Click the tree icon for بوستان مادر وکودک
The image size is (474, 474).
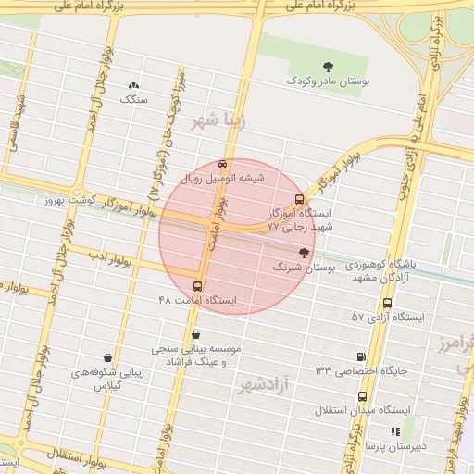[x=328, y=65]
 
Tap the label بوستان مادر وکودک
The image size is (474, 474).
[x=329, y=82]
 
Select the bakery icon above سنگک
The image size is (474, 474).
[x=134, y=86]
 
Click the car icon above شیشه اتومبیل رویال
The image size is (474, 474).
[x=220, y=164]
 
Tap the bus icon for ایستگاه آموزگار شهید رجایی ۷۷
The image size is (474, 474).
[x=298, y=199]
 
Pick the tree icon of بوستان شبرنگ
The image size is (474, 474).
[x=304, y=252]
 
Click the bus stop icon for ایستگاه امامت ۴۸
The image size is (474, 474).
[x=197, y=285]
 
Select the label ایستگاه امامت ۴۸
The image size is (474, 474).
[x=197, y=301]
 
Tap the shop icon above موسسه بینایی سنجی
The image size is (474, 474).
[x=195, y=335]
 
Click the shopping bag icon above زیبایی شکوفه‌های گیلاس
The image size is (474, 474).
[x=108, y=357]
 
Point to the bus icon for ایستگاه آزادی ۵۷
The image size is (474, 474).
[x=387, y=303]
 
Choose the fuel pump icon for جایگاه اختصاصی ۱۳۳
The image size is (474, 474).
[x=360, y=356]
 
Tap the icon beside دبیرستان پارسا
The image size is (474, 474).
[x=395, y=431]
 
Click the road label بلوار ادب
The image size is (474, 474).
[x=111, y=258]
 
